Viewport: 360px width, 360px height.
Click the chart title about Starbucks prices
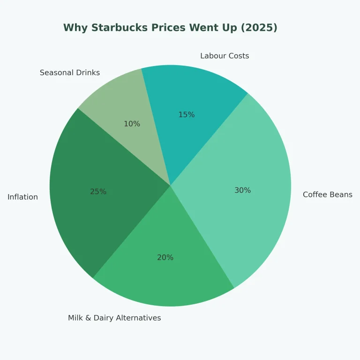(170, 28)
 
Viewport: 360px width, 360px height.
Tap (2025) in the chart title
(259, 28)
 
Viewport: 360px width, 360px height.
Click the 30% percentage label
(242, 190)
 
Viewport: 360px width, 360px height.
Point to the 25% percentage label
(98, 192)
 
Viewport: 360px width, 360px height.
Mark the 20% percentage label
(165, 257)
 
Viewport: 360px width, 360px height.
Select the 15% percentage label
(186, 115)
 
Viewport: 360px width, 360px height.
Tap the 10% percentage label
(132, 124)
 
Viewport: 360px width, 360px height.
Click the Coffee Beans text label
(327, 195)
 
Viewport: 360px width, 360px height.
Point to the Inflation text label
(22, 197)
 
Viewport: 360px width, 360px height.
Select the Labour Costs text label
(225, 56)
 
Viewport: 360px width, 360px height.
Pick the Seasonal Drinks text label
(70, 73)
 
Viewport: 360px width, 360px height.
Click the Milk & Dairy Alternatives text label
(114, 318)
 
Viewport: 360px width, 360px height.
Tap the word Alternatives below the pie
(139, 318)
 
